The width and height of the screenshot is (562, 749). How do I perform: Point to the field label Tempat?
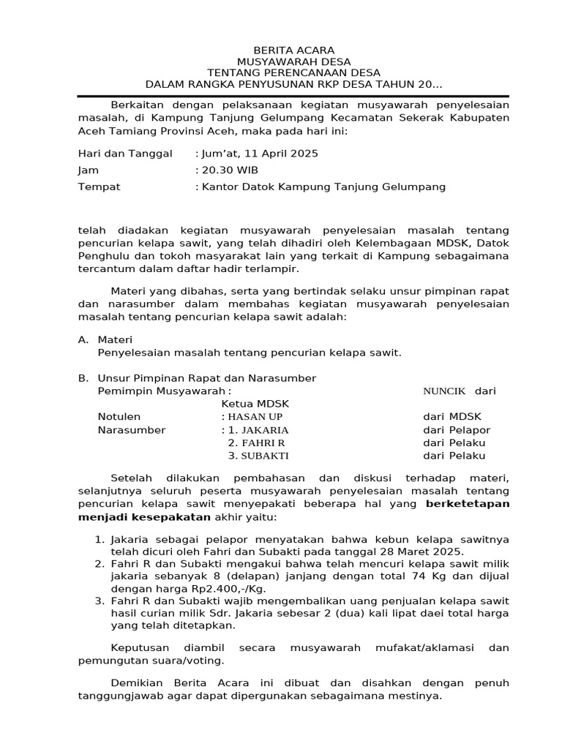tap(99, 187)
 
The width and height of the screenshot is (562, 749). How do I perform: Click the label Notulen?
tap(119, 417)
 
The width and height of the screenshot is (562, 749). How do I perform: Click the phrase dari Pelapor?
tap(457, 430)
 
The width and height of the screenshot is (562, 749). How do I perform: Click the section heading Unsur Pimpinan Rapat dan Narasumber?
tap(206, 378)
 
